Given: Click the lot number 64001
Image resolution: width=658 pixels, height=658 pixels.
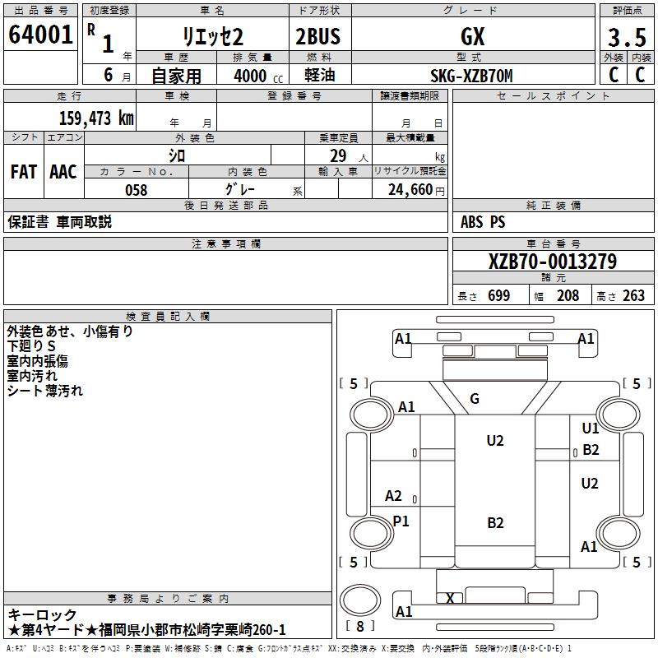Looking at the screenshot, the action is [x=40, y=35].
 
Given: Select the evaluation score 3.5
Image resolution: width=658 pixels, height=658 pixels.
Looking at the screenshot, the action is [x=627, y=37].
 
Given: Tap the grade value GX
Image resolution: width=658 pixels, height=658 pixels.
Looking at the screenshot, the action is [x=472, y=36].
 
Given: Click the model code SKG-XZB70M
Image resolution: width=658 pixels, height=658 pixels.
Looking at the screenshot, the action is [x=471, y=76].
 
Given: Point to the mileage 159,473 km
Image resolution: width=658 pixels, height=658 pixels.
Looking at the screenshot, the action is [x=96, y=118].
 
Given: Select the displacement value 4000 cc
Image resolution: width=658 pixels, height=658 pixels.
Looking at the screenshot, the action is [x=258, y=76].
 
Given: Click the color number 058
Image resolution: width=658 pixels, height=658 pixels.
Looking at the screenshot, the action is [x=136, y=190].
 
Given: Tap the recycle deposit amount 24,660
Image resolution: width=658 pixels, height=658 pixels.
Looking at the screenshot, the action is [x=410, y=190].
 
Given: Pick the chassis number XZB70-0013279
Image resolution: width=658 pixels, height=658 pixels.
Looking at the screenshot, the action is [x=553, y=262].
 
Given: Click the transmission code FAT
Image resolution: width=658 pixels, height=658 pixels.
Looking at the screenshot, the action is [x=24, y=172].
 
